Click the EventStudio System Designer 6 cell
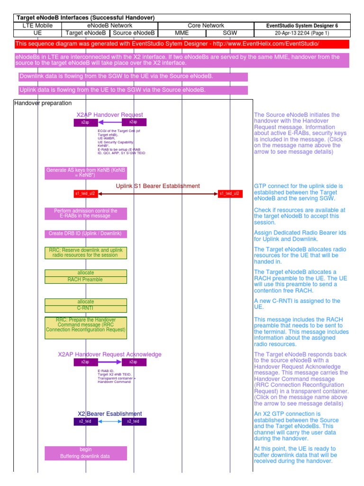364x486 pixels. point(302,26)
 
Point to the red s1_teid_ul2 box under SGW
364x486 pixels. point(230,194)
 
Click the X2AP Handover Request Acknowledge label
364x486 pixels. point(109,355)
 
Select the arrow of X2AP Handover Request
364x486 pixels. point(109,122)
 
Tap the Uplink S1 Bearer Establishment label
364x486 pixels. point(158,186)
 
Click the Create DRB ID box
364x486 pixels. point(86,234)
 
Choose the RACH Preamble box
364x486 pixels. point(86,280)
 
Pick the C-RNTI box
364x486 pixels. point(86,308)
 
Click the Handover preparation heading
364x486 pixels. point(43,103)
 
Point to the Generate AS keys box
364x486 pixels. point(86,173)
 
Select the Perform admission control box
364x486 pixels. point(86,214)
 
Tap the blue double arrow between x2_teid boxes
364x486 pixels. point(109,421)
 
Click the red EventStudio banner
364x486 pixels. point(182,44)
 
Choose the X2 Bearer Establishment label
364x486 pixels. point(109,414)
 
